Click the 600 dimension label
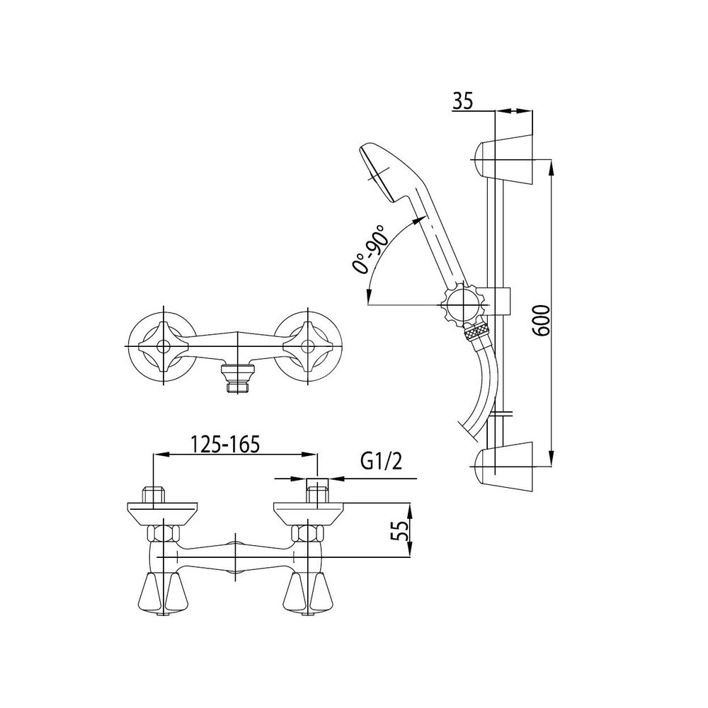[542, 321]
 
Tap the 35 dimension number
[462, 102]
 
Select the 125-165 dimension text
[226, 445]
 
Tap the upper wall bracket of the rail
[503, 160]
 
